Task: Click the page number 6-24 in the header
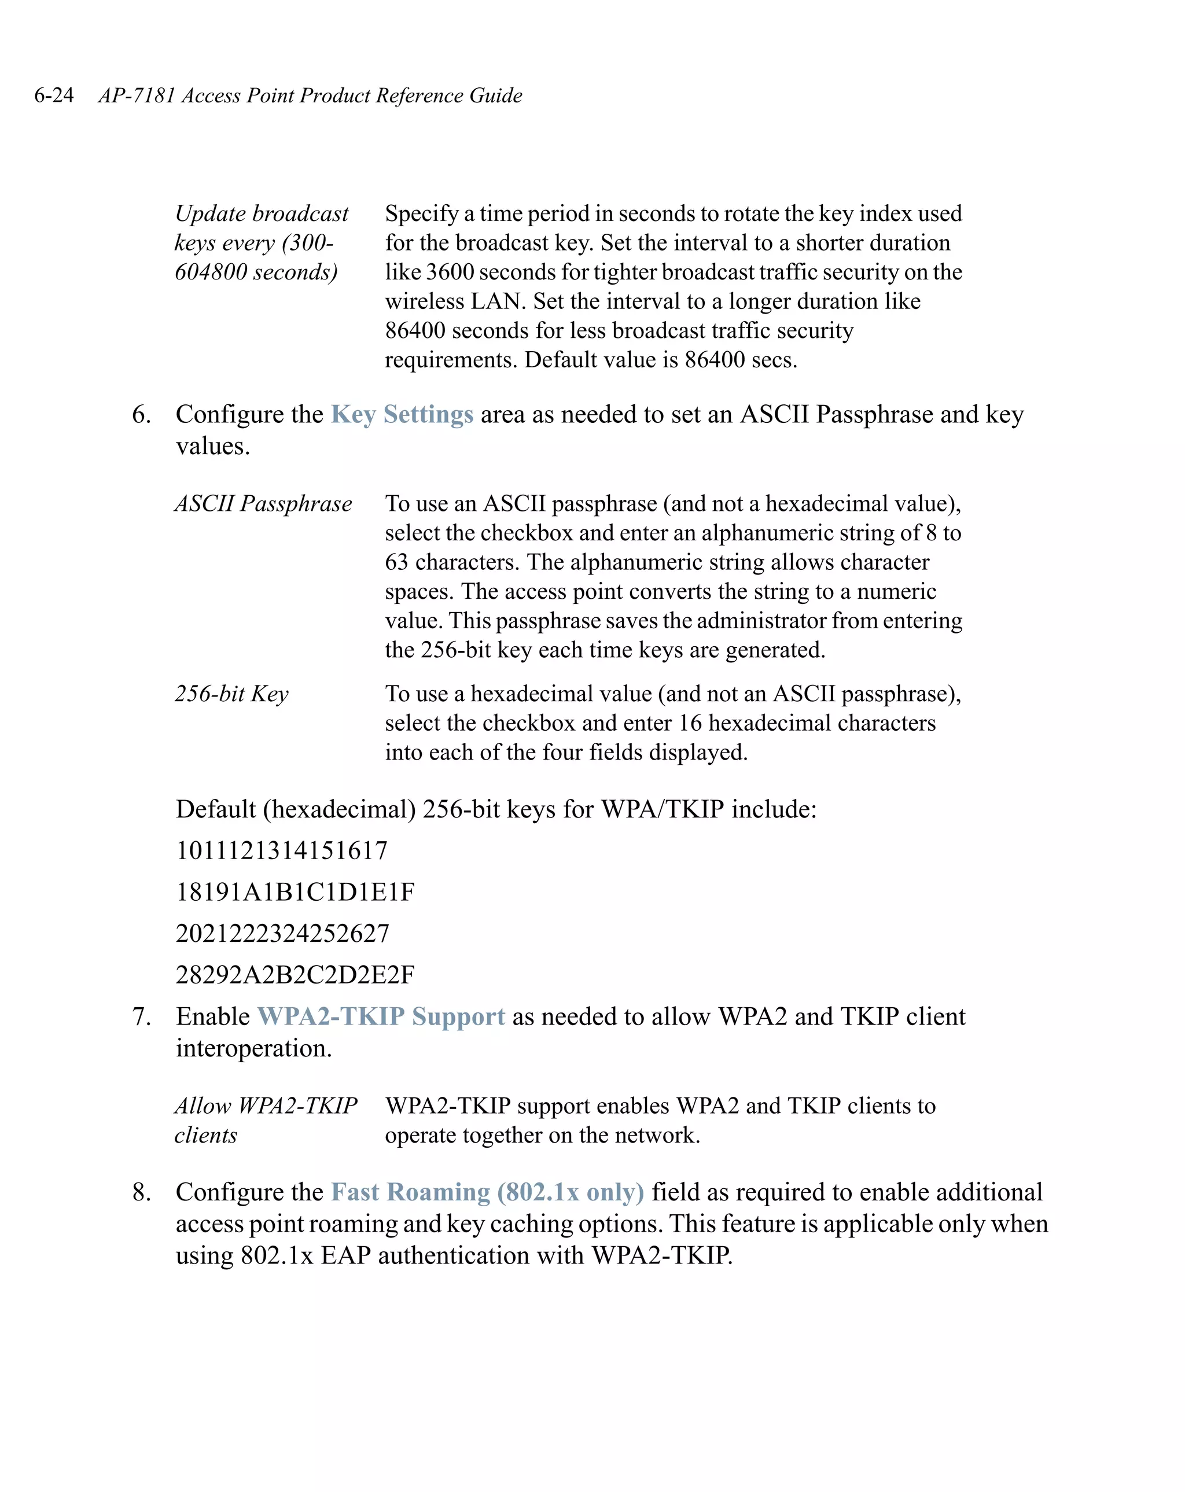pyautogui.click(x=54, y=95)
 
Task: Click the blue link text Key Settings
pyautogui.click(x=402, y=415)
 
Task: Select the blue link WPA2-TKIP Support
pyautogui.click(x=381, y=1016)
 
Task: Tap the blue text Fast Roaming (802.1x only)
pyautogui.click(x=487, y=1192)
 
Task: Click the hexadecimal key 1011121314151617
pyautogui.click(x=282, y=850)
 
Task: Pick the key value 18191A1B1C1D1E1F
pyautogui.click(x=295, y=892)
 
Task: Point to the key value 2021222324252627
pyautogui.click(x=282, y=934)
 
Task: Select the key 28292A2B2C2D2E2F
pyautogui.click(x=295, y=975)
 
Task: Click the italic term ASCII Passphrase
pyautogui.click(x=263, y=504)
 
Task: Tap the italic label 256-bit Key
pyautogui.click(x=231, y=694)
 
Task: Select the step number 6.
pyautogui.click(x=141, y=415)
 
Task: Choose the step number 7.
pyautogui.click(x=141, y=1016)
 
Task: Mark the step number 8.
pyautogui.click(x=141, y=1192)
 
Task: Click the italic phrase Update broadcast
pyautogui.click(x=262, y=214)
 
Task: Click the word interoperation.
pyautogui.click(x=253, y=1048)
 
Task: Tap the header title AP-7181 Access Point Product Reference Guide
pyautogui.click(x=310, y=95)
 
